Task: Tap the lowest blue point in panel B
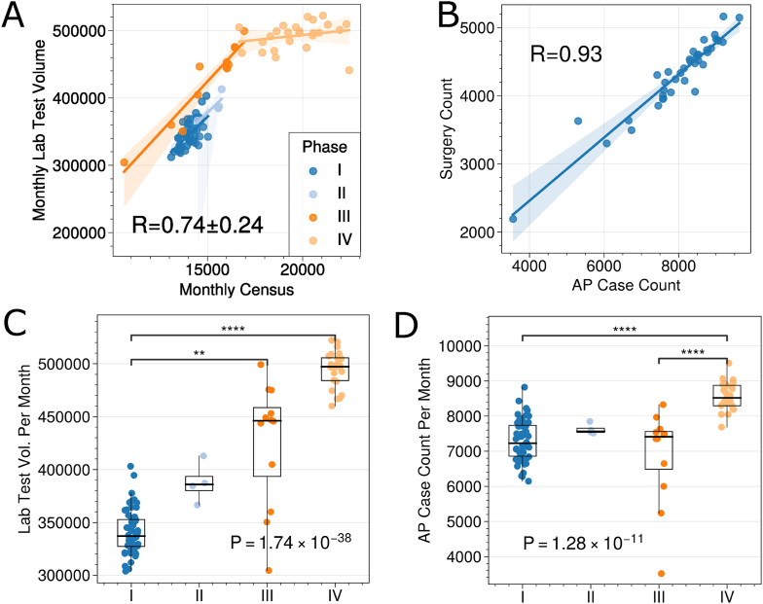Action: pos(513,219)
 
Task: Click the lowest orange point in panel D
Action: pos(661,574)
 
